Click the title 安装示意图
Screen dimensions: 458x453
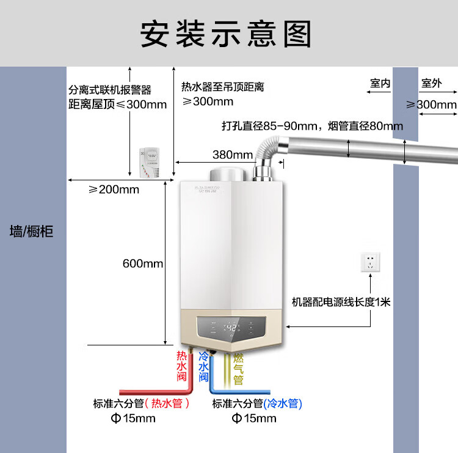(226, 34)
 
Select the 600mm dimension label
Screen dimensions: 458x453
(143, 263)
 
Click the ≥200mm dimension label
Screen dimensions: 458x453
(114, 190)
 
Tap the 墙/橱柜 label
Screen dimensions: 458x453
(32, 231)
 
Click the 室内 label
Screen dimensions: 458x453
(380, 83)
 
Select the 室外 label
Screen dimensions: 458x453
(431, 83)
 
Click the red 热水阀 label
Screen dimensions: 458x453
(181, 366)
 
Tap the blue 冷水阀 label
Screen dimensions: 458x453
(204, 366)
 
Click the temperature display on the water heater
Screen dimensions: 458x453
(232, 328)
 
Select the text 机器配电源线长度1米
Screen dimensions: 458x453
(341, 301)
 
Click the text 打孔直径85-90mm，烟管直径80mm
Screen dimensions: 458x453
(312, 127)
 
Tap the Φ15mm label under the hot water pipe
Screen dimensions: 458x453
(133, 419)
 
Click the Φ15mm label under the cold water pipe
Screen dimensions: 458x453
(254, 419)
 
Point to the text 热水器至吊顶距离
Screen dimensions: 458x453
(223, 87)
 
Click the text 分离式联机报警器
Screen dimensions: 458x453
(110, 90)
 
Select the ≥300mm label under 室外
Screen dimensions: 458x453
(432, 105)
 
